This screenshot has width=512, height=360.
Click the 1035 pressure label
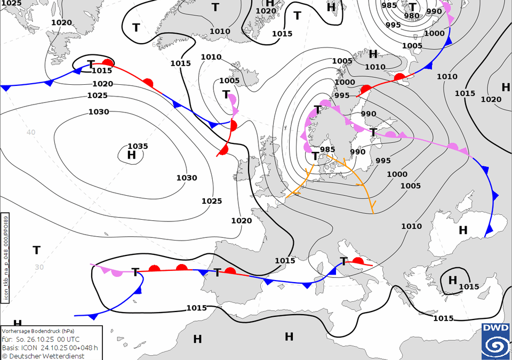coord(138,146)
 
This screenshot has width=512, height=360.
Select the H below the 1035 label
coord(132,155)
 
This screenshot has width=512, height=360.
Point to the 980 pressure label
coord(412,15)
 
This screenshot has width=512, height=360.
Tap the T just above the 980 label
coord(412,7)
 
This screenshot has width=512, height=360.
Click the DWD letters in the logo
coord(495,328)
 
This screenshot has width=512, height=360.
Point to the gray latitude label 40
coord(31,132)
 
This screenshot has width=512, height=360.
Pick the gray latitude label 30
coord(39,267)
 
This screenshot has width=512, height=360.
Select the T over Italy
coord(344,261)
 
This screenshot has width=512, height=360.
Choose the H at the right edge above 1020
coord(506,87)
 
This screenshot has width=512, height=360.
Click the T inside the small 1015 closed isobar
coord(91,64)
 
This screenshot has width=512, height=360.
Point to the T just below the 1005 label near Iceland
coord(226,94)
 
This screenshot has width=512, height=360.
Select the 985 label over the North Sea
coord(327,149)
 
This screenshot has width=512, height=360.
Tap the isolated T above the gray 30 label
coord(36,250)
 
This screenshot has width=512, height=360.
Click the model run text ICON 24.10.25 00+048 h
coord(61,347)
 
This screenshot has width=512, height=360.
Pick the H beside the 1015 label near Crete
coord(453,279)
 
